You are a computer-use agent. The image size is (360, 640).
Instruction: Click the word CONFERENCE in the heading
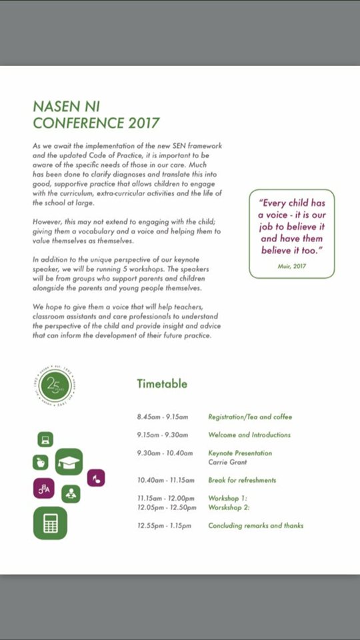[x=78, y=123]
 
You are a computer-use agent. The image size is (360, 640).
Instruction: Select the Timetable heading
[x=162, y=383]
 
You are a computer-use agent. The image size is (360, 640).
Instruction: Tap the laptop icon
[x=45, y=439]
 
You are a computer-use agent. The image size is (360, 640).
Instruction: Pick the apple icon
[x=41, y=462]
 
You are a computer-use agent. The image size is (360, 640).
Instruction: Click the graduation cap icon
[x=69, y=461]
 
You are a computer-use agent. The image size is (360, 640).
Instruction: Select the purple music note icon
[x=96, y=477]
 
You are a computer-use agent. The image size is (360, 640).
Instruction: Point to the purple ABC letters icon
[x=44, y=489]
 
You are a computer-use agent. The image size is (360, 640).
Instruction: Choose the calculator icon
[x=50, y=523]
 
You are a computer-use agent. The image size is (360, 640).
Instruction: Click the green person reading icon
[x=71, y=494]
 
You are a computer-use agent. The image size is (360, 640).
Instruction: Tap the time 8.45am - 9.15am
[x=163, y=417]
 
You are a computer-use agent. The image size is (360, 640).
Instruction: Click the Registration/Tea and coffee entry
[x=250, y=417]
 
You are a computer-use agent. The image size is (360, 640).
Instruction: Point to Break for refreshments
[x=242, y=480]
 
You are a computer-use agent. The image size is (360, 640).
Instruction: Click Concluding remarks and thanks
[x=255, y=525]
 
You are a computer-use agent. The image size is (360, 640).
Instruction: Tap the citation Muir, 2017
[x=291, y=265]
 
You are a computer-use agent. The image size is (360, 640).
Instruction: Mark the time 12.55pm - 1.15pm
[x=164, y=525]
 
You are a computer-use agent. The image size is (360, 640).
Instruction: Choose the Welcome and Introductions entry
[x=249, y=435]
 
